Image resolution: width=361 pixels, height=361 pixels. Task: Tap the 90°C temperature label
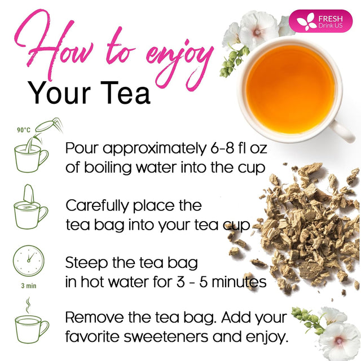[23, 130]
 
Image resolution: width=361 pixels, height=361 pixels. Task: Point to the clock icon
[28, 261]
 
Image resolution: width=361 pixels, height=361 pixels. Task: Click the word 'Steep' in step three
[86, 262]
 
